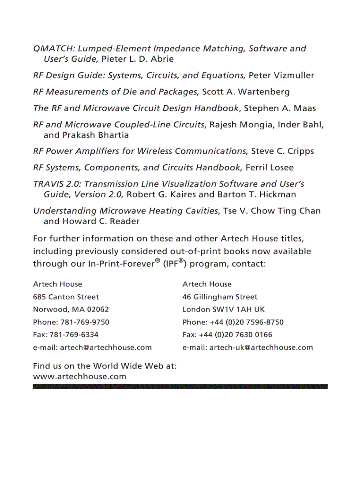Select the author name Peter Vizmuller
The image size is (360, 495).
[x=281, y=75]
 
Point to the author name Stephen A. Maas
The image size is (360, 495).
[x=280, y=108]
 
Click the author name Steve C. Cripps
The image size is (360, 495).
[x=282, y=151]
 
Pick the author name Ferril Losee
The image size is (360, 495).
[x=269, y=167]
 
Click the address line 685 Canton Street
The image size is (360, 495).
[x=66, y=297]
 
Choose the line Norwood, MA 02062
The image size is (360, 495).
[x=71, y=309]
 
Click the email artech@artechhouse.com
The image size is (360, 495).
[x=106, y=347]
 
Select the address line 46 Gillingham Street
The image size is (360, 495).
[x=220, y=297]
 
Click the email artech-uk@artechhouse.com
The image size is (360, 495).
[x=261, y=347]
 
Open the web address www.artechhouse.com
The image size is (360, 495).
[x=80, y=376]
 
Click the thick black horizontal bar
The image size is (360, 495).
[x=180, y=387]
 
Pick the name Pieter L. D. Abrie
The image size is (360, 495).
[x=138, y=59]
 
